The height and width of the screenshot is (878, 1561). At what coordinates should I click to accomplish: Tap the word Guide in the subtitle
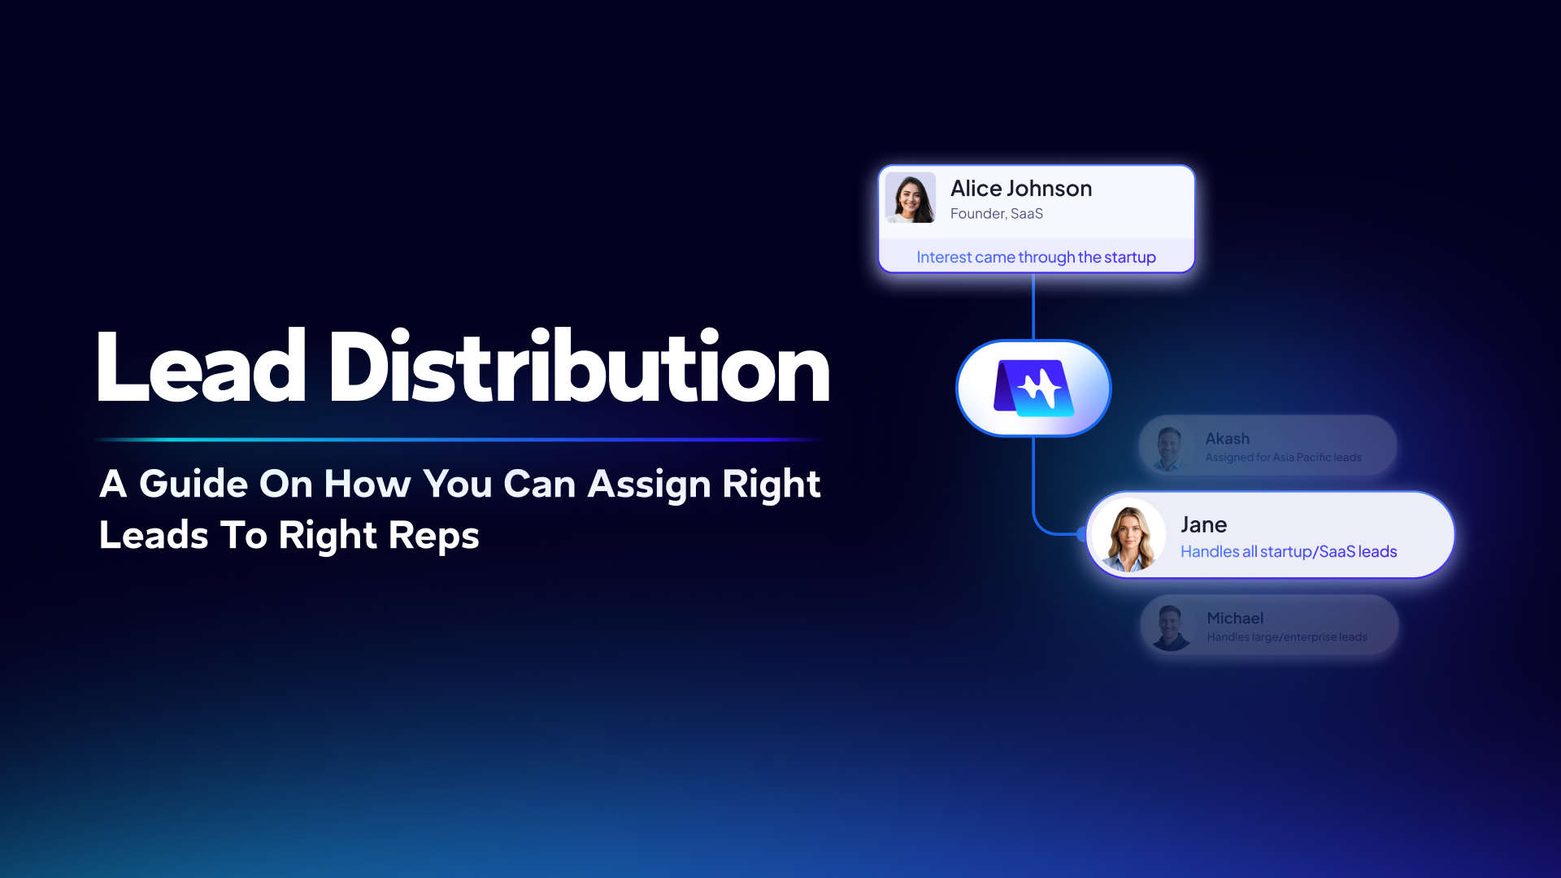(x=193, y=484)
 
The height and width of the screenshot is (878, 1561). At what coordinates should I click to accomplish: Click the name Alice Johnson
(x=1021, y=189)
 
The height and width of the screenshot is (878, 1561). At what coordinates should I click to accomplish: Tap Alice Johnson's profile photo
(x=911, y=198)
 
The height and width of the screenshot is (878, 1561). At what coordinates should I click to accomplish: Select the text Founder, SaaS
(x=997, y=214)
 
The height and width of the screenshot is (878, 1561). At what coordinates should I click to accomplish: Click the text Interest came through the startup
(x=1036, y=257)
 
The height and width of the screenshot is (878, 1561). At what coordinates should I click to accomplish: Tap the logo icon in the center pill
(x=1033, y=388)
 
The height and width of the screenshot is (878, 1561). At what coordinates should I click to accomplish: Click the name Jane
(x=1203, y=525)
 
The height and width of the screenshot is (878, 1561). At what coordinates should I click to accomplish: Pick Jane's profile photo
(x=1129, y=535)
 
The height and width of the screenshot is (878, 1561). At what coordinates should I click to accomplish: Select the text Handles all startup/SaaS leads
(x=1289, y=552)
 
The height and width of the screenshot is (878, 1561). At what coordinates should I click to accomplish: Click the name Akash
(x=1227, y=439)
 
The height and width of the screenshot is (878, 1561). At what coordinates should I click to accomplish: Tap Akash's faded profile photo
(x=1169, y=447)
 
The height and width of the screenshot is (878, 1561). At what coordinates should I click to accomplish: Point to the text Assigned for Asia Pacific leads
(x=1283, y=458)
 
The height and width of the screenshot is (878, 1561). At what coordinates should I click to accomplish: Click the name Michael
(x=1235, y=619)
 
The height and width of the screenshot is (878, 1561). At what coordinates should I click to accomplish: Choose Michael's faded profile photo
(x=1171, y=627)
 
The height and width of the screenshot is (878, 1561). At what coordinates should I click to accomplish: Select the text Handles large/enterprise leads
(x=1287, y=637)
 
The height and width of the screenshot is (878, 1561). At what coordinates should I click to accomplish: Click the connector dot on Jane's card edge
(x=1082, y=534)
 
